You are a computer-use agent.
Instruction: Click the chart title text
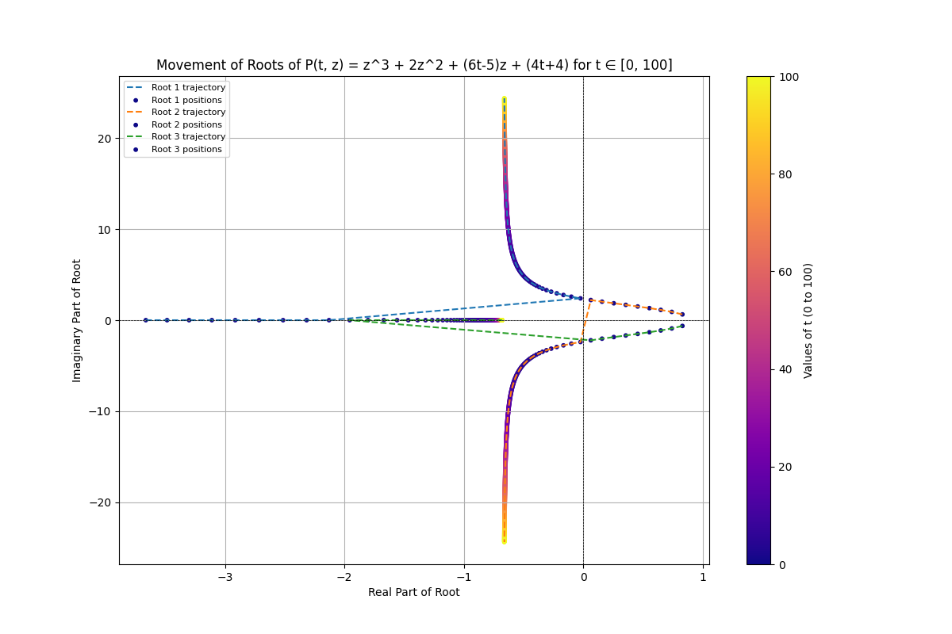pos(414,65)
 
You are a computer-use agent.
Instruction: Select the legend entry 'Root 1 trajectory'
pos(188,87)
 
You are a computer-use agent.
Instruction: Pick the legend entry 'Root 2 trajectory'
pos(188,112)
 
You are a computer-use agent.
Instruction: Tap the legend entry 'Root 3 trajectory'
pos(188,136)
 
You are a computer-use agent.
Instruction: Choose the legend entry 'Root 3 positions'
pos(186,149)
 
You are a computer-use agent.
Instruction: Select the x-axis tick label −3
pos(225,577)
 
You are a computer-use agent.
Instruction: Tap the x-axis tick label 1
pos(703,577)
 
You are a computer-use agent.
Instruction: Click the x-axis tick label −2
pos(344,577)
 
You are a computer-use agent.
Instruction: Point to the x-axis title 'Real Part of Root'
pos(413,592)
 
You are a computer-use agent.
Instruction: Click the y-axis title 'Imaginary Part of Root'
pos(77,320)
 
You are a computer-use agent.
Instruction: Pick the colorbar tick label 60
pos(785,272)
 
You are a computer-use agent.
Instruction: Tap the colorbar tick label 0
pos(782,564)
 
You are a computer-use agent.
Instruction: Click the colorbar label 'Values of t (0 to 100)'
pos(808,320)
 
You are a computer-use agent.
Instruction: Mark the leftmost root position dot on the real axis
pos(145,320)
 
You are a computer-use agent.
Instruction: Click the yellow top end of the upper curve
pos(504,100)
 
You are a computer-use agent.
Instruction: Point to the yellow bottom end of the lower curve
pos(504,540)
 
